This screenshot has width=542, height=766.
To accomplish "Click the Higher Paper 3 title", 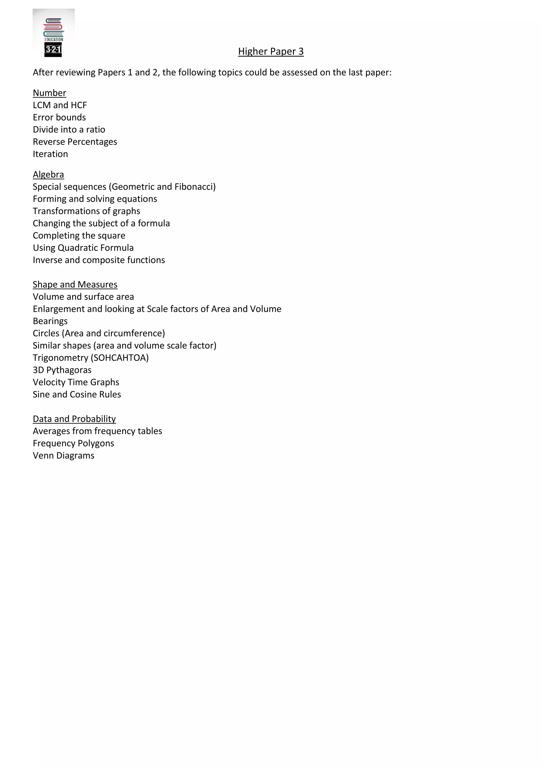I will click(x=271, y=51).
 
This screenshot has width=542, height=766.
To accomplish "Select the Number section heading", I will click(x=49, y=93).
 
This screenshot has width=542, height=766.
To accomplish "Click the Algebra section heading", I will click(x=48, y=175).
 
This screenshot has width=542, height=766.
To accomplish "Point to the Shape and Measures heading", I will click(x=75, y=284).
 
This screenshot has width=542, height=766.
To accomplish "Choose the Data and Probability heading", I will click(x=74, y=419).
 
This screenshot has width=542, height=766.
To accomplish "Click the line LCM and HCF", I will click(x=60, y=105).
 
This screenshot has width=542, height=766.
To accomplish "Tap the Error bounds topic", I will click(x=59, y=117).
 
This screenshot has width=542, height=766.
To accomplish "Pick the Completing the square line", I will click(x=79, y=235).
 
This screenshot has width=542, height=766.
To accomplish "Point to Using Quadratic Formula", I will click(x=83, y=248).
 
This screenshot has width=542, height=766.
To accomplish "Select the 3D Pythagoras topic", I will click(x=62, y=370).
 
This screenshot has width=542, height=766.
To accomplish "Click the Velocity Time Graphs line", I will click(x=76, y=382).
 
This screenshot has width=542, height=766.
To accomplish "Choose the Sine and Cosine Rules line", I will click(x=77, y=394).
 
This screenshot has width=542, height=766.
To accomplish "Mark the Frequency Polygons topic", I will click(x=73, y=443).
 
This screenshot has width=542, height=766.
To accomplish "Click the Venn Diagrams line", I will click(x=64, y=455).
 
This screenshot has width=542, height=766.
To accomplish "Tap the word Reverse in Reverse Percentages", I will click(x=49, y=142).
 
